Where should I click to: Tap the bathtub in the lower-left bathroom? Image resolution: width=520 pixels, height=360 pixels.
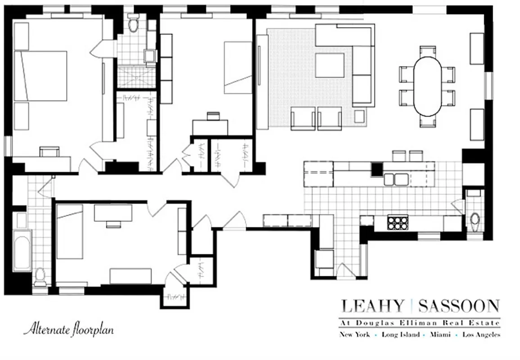coord(22,251)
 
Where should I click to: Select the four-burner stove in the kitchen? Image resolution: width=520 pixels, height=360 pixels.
coord(398,222)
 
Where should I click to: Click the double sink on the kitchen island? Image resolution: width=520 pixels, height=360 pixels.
coord(396,179)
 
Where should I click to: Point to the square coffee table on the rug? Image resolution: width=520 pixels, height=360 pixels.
coord(329,65)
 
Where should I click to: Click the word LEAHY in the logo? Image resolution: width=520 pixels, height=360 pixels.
coord(372,306)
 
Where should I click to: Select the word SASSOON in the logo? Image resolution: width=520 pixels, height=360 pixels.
coord(459,306)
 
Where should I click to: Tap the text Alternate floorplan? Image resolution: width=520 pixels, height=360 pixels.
coord(68,329)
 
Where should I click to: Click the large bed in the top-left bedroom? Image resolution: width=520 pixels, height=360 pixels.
coord(41,76)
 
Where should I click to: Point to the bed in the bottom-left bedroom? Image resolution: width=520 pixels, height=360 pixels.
coord(70,231)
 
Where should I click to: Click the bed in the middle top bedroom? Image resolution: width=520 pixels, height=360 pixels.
coord(238,67)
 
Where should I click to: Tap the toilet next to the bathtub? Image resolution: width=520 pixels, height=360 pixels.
coord(40,276)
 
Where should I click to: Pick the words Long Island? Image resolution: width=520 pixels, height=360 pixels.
coord(400,334)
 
